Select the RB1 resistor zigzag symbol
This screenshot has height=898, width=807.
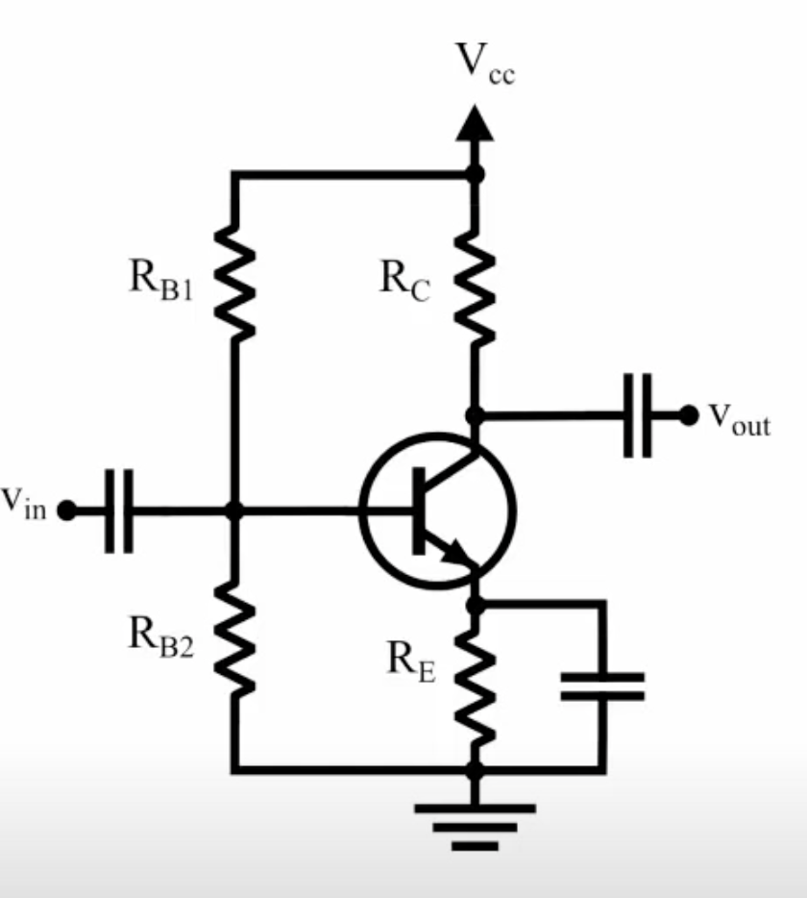pos(233,280)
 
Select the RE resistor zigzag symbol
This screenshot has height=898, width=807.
pos(474,686)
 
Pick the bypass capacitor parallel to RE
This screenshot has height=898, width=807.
pos(602,686)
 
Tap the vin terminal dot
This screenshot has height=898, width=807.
pos(66,511)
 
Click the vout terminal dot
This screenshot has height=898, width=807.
pos(688,415)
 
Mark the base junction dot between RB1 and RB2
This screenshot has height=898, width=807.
pos(233,511)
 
